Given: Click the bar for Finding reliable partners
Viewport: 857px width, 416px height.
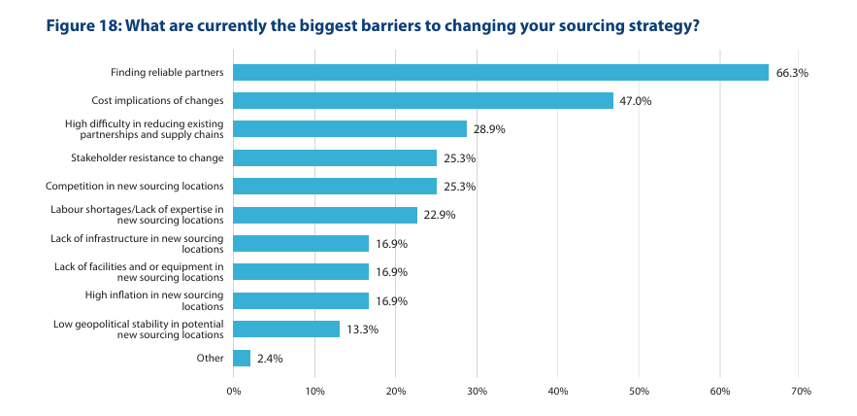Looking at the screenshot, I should click(500, 72).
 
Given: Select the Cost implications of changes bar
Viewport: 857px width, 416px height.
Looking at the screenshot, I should click(423, 100).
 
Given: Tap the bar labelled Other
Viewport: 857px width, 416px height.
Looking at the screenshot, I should click(242, 359).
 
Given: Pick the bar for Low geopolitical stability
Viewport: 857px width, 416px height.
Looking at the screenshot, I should click(286, 329).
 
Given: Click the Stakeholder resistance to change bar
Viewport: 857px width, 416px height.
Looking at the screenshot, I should click(335, 157).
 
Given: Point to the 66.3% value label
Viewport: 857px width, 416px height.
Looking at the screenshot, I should click(792, 72).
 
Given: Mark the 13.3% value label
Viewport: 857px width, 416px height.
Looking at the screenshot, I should click(362, 329).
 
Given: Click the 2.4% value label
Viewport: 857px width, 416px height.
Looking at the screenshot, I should click(271, 359).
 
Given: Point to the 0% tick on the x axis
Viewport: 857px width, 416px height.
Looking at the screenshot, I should click(233, 391).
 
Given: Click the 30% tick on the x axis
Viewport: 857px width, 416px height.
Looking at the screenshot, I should click(477, 391).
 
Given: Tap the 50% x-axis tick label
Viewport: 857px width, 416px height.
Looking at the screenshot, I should click(639, 391).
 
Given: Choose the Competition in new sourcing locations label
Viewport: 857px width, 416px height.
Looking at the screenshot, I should click(135, 186).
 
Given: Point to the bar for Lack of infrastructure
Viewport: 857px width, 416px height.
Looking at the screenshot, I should click(301, 244).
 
